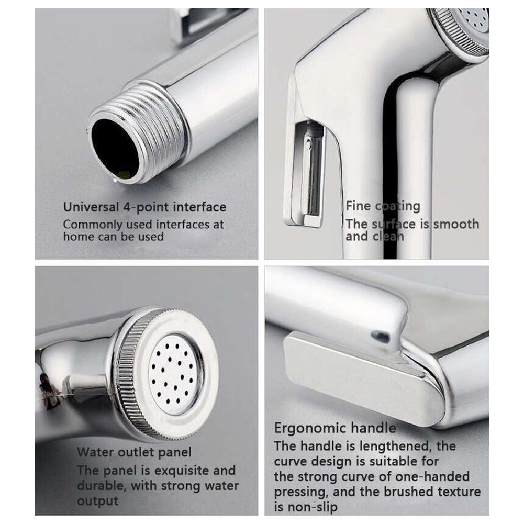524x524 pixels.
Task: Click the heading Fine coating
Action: (383, 206)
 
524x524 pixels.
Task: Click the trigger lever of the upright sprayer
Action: (306, 173)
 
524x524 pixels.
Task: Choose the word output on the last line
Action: (98, 501)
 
